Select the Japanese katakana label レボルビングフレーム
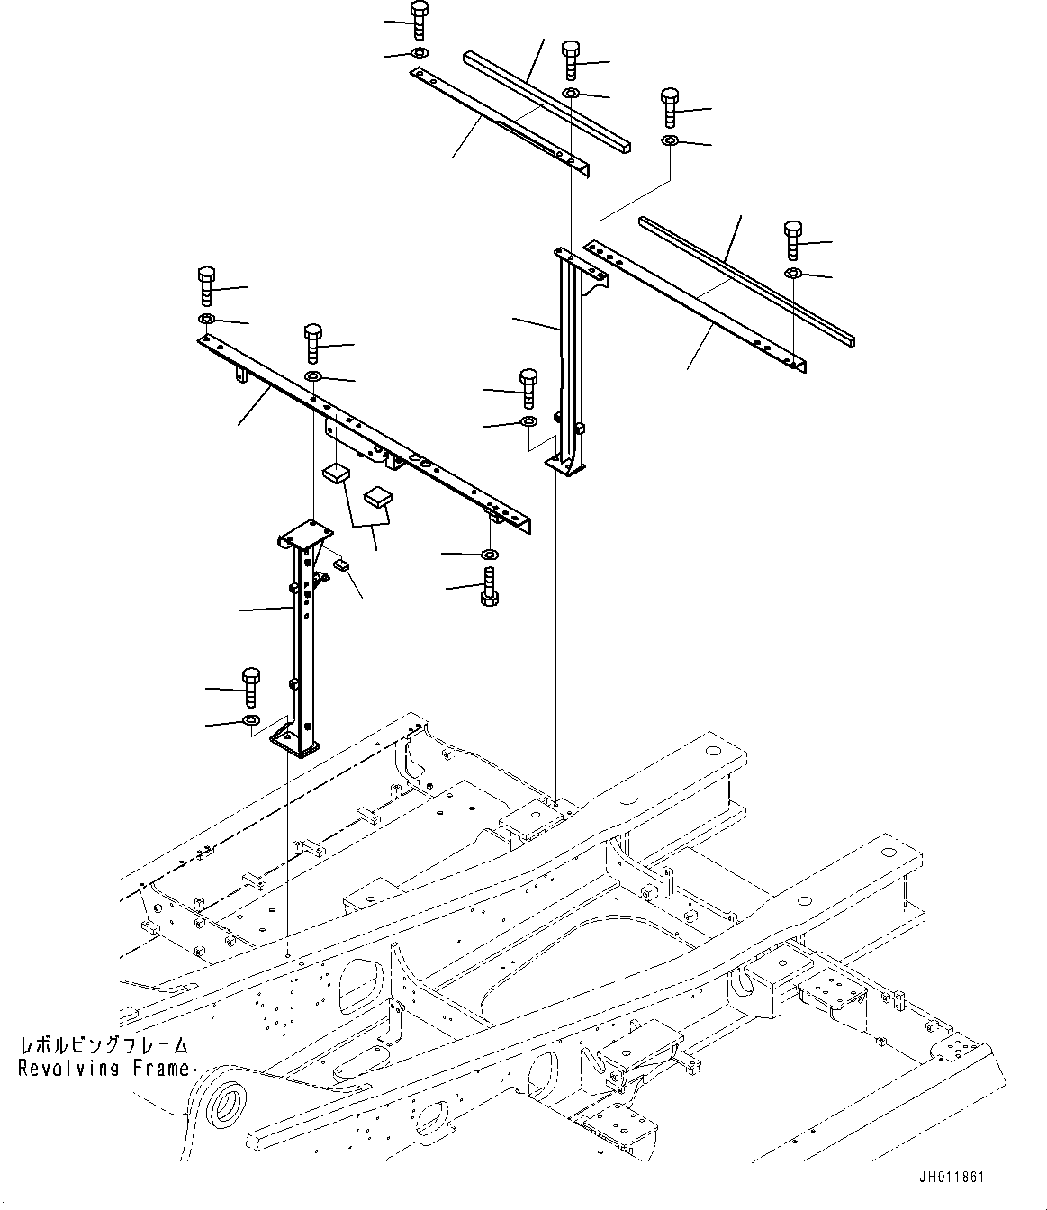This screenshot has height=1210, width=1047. point(104,1046)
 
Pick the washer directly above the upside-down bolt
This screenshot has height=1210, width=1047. point(489,554)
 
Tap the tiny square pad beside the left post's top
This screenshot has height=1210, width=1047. point(341,564)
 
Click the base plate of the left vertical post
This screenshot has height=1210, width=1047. point(294,742)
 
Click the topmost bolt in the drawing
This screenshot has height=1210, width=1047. point(419,19)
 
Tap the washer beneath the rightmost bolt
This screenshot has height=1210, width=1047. point(792,273)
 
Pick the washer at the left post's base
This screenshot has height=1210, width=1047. point(250,720)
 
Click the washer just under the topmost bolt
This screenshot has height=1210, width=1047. point(419,54)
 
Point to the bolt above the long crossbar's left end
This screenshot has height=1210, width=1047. point(206,284)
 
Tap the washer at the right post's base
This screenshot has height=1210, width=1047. point(528,421)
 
